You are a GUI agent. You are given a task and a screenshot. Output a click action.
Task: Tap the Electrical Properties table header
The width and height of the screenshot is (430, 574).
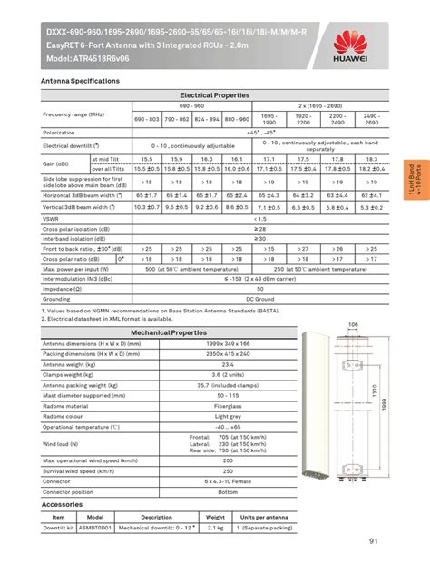(x=215, y=94)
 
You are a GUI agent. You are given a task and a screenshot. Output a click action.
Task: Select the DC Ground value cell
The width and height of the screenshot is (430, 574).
(x=261, y=298)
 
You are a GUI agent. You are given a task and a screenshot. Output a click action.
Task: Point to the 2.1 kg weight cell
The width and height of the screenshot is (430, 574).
(x=215, y=527)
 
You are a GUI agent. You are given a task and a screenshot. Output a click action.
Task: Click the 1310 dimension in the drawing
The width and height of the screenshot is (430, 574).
(x=376, y=392)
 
